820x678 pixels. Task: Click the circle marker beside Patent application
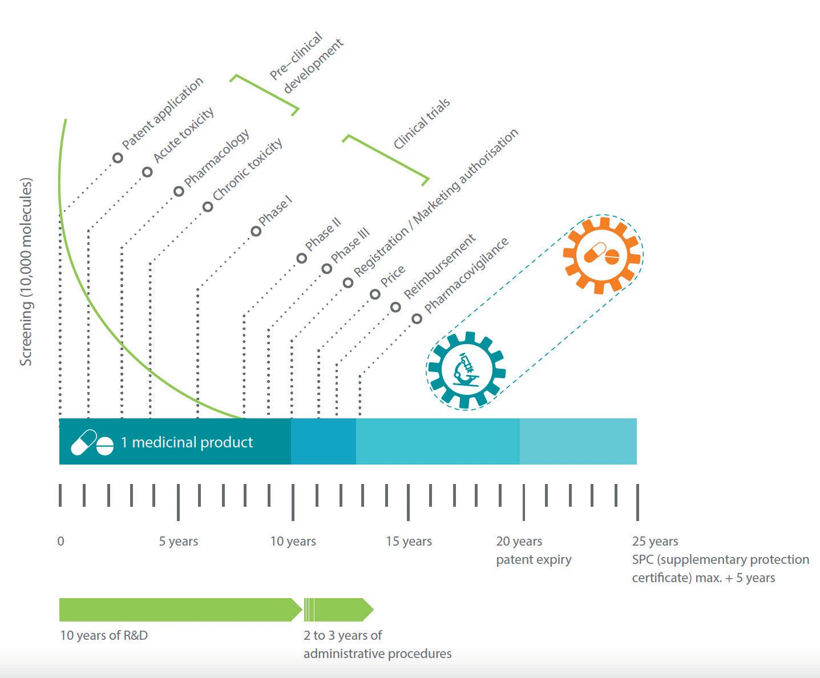(118, 158)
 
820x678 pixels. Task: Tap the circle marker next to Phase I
(256, 231)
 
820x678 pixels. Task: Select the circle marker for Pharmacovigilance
(417, 318)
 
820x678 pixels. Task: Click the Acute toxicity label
(184, 135)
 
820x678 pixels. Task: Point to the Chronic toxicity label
(248, 169)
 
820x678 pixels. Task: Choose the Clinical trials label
(422, 123)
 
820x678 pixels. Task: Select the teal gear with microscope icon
(466, 370)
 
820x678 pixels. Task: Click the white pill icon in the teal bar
(92, 443)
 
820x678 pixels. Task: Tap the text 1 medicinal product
(187, 442)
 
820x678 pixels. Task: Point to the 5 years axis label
(179, 541)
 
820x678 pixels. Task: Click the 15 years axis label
(409, 541)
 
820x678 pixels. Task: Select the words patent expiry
(534, 559)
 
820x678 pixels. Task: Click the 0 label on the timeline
(61, 541)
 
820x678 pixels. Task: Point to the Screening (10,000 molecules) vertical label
(26, 272)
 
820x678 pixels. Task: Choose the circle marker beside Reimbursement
(395, 307)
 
